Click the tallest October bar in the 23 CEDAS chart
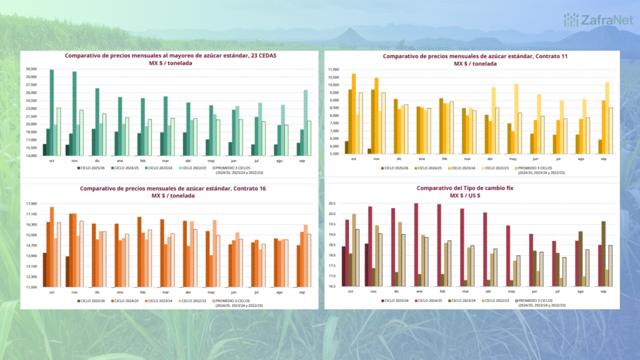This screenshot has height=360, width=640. click(x=51, y=112)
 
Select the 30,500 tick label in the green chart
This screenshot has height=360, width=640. click(x=31, y=69)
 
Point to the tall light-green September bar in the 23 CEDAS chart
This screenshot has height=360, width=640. click(x=306, y=122)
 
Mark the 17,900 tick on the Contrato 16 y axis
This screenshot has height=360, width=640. click(x=31, y=204)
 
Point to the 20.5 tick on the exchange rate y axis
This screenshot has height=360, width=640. click(x=332, y=204)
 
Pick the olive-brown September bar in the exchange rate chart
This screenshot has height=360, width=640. click(x=603, y=254)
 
